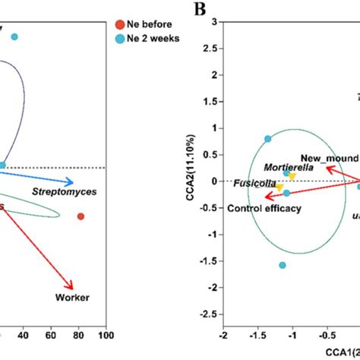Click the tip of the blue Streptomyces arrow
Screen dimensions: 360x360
73,182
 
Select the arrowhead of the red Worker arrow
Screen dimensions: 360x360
72,288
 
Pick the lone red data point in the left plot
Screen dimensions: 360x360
81,216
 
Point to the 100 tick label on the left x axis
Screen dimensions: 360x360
106,334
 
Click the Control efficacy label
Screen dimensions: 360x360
264,208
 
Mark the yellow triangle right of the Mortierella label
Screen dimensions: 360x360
292,177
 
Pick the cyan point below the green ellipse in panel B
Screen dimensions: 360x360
283,265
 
